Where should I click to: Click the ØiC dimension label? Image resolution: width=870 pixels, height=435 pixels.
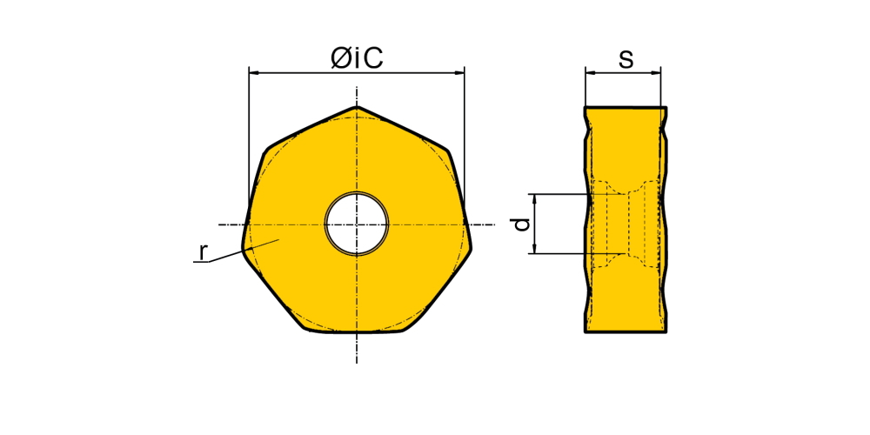(357, 58)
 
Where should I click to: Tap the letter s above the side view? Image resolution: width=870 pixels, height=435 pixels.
(626, 59)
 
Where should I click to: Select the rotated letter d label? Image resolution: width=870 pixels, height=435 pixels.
(521, 224)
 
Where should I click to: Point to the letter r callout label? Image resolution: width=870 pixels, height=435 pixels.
(203, 252)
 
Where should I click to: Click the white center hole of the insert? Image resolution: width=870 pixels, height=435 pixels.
(357, 224)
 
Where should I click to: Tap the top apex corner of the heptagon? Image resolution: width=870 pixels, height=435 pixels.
(357, 106)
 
